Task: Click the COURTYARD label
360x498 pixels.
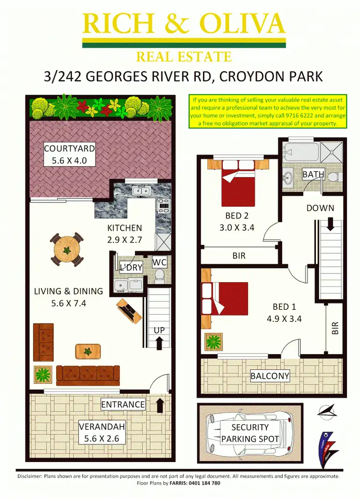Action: click(70, 149)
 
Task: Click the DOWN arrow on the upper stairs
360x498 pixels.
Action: click(330, 224)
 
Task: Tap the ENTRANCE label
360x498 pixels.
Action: click(123, 404)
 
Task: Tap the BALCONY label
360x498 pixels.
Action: click(270, 376)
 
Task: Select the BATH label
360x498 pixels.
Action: click(313, 174)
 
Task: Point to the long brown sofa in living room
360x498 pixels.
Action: click(88, 375)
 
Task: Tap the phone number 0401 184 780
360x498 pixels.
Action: click(201, 483)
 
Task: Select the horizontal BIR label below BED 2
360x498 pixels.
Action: click(239, 256)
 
